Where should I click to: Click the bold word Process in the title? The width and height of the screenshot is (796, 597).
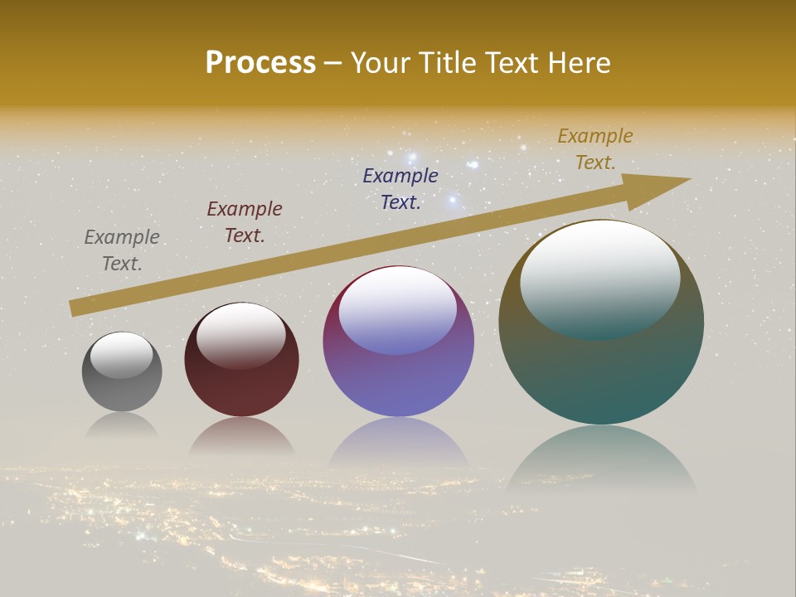260,63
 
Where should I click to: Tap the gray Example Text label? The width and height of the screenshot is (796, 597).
122,250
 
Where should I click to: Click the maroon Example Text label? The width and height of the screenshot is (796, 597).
245,222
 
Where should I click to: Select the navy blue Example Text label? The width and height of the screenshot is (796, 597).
400,189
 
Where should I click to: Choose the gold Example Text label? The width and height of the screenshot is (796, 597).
595,149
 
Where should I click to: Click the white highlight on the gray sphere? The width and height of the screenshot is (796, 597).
122,355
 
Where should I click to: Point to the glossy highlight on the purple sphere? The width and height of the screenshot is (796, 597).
398,309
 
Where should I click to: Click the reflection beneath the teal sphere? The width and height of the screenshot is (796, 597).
601,460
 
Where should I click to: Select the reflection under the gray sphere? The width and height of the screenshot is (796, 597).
122,425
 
